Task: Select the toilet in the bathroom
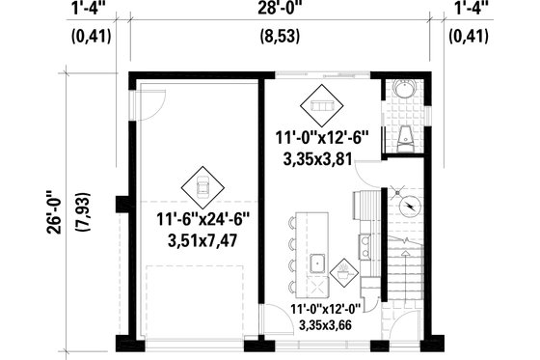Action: coord(406,137)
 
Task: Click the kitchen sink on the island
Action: coord(316,263)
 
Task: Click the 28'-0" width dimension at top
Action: coord(282,9)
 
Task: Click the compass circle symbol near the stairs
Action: coord(410,206)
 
